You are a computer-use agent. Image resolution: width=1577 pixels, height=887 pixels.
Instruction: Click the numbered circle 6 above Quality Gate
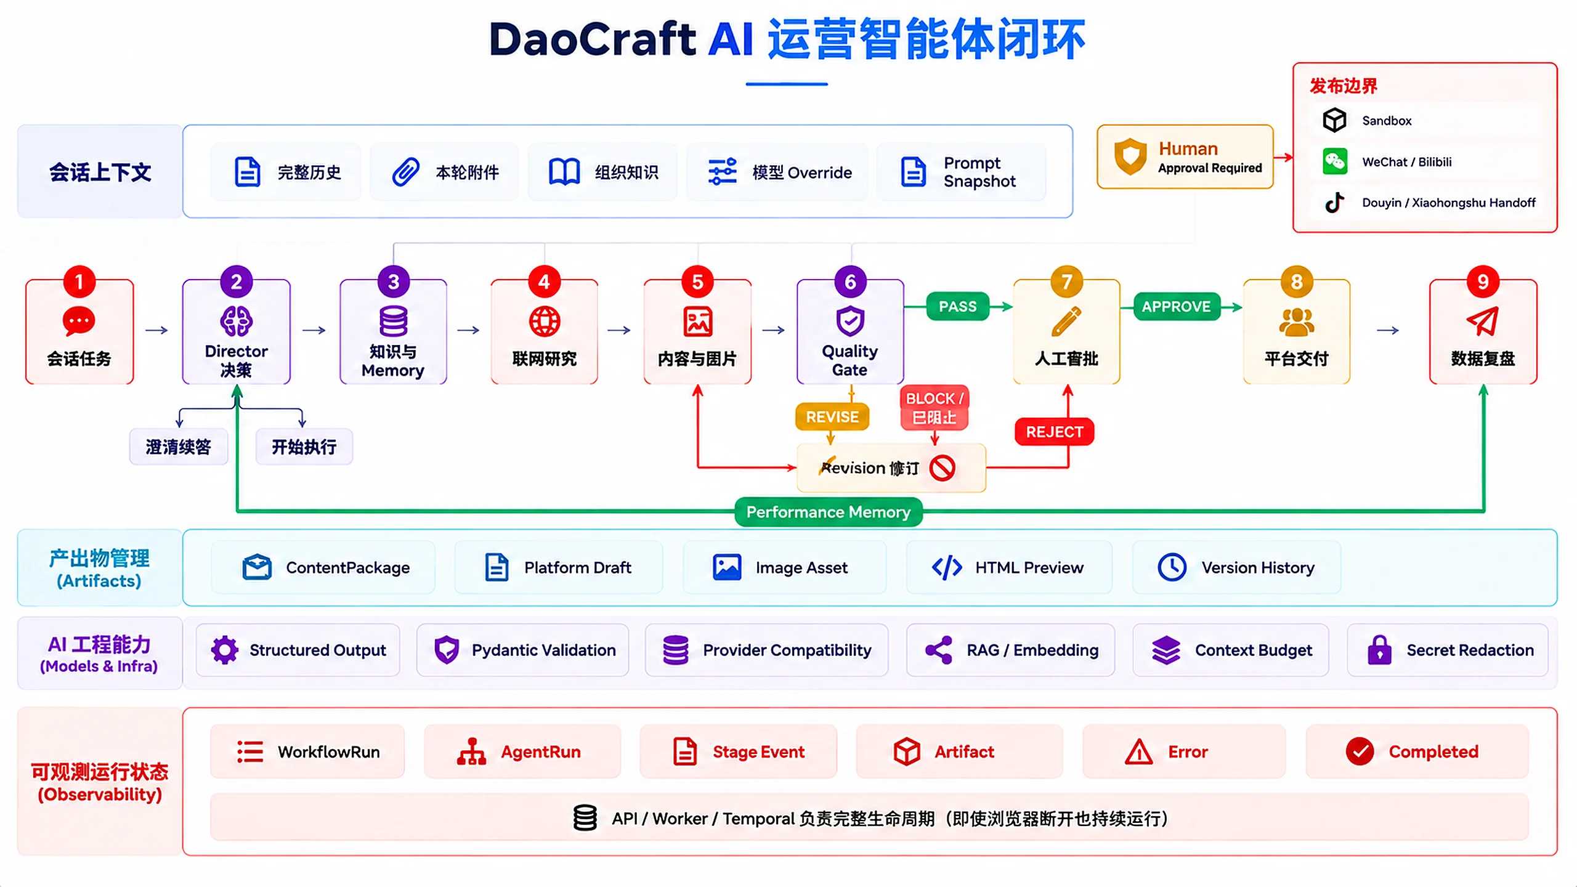coord(850,281)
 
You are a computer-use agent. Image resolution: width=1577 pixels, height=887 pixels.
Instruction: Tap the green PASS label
coord(957,306)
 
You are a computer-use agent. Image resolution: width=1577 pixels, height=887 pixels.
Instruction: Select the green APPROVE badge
coord(1176,306)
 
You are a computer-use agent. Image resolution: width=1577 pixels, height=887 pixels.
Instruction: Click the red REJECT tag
coord(1054,432)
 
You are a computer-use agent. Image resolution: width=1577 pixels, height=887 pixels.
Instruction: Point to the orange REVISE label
coord(832,417)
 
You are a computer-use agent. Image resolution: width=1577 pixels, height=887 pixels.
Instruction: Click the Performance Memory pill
coord(828,512)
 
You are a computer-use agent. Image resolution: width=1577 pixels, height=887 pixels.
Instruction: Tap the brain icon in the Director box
coord(236,321)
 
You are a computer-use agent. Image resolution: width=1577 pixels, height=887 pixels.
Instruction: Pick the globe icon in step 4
coord(545,321)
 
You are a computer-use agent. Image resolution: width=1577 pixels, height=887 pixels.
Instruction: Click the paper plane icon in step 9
coord(1482,320)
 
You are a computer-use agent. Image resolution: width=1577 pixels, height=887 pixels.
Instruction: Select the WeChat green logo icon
coord(1335,161)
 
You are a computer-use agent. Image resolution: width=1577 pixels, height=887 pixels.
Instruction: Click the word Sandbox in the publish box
coord(1387,121)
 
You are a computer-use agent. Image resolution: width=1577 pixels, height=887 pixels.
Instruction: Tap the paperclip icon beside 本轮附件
coord(405,172)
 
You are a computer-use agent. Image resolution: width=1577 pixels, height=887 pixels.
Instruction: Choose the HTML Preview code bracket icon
coord(947,567)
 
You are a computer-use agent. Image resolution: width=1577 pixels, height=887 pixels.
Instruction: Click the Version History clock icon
coord(1172,567)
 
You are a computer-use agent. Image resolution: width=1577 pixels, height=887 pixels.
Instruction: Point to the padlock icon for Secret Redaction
coord(1379,650)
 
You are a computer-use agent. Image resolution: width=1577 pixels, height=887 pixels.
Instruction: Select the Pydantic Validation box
coord(522,650)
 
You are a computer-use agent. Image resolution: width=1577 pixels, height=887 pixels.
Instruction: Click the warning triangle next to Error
coord(1138,751)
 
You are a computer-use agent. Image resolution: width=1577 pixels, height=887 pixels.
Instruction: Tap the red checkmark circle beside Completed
coord(1360,751)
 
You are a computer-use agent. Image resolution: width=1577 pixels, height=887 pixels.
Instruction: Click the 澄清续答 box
coord(179,447)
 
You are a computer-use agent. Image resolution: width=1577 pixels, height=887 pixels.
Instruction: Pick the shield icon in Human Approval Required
coord(1130,156)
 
